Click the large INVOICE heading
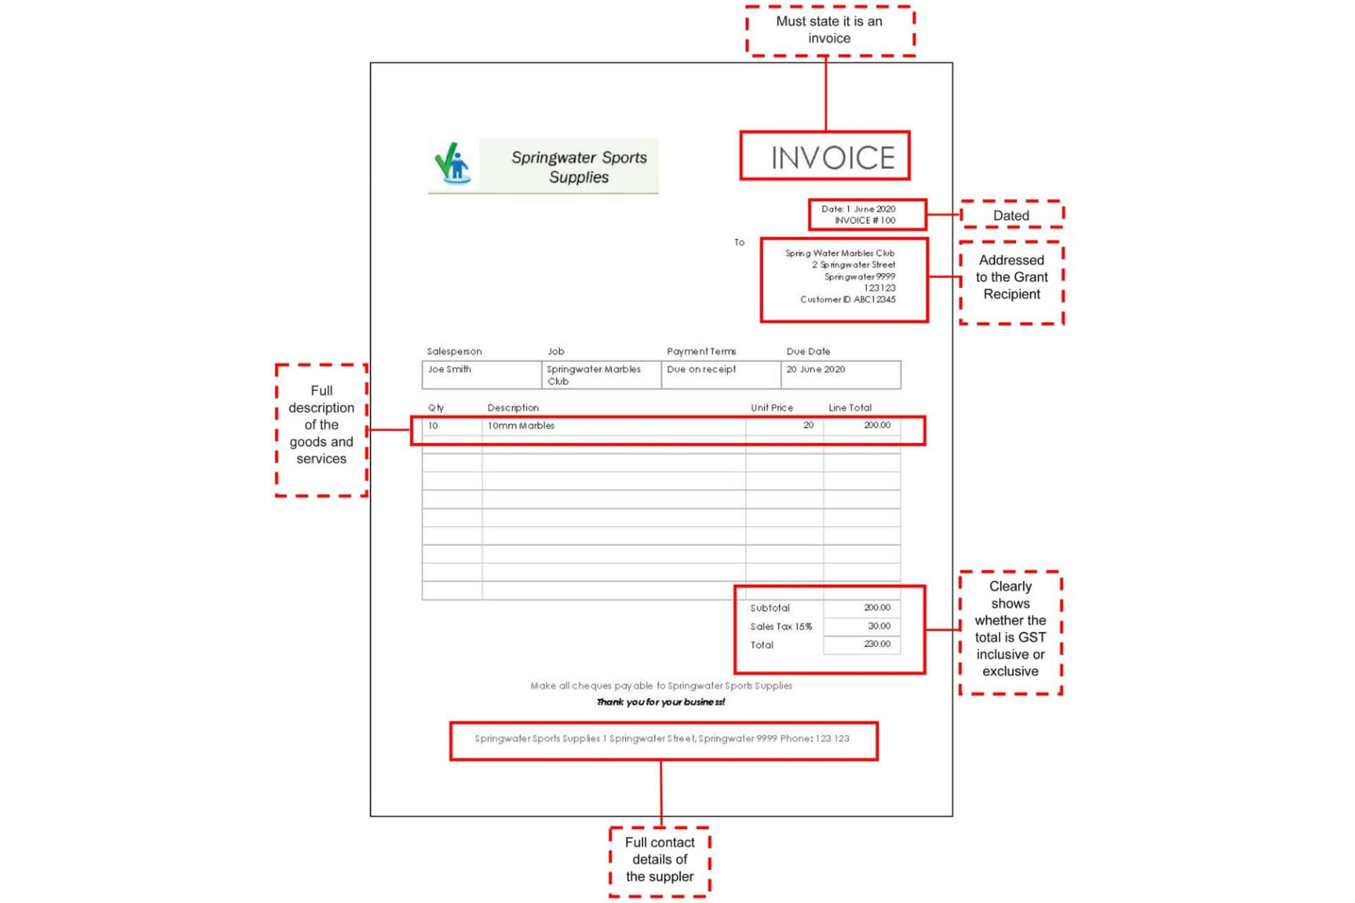833,158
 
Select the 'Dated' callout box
1011,214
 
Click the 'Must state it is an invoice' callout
830,30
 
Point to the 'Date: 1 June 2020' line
858,209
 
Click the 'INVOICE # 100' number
865,220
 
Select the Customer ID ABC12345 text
848,299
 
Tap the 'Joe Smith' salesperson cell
482,375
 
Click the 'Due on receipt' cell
721,375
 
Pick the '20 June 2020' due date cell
841,375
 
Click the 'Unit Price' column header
771,408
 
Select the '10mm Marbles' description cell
614,426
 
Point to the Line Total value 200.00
877,425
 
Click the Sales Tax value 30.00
879,626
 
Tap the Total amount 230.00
877,643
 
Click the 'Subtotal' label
770,607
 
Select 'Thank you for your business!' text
661,702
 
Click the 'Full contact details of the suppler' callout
660,860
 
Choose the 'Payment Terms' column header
701,351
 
